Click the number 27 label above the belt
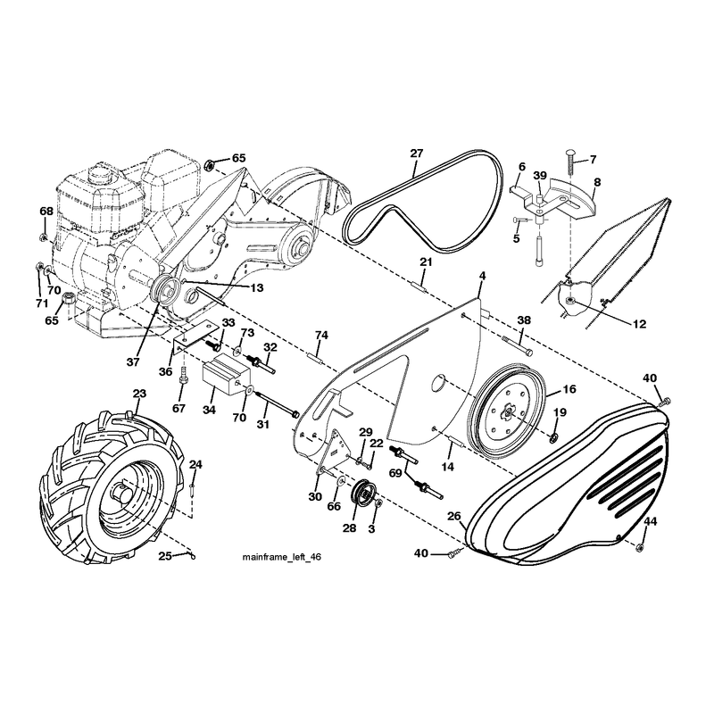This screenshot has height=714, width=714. (417, 154)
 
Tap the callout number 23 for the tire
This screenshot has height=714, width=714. (140, 394)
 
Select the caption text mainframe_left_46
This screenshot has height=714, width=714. (281, 557)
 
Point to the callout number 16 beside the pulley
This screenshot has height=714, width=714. (569, 389)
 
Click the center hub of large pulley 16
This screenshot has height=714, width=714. (507, 412)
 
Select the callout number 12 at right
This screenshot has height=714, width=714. (639, 324)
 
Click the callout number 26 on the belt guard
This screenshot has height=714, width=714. (454, 517)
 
